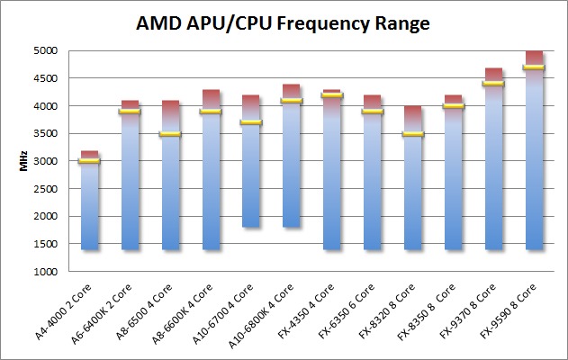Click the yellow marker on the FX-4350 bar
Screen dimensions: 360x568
point(332,94)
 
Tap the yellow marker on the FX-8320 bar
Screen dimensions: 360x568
point(413,133)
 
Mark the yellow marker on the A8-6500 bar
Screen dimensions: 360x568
point(170,133)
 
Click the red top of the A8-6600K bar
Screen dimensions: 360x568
point(211,99)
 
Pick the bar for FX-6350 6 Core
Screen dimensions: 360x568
point(373,180)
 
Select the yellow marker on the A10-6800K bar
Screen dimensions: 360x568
point(292,101)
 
